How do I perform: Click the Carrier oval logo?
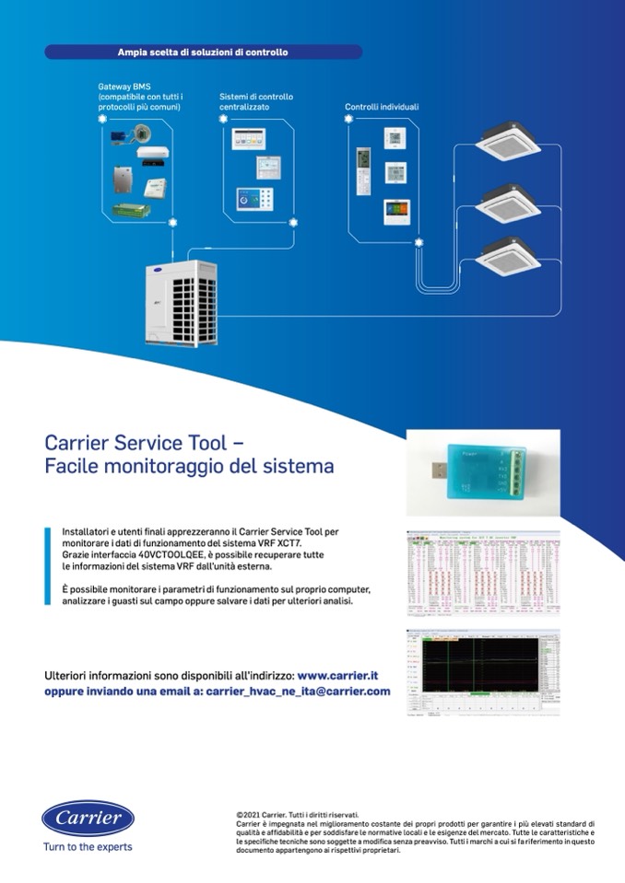[x=88, y=818]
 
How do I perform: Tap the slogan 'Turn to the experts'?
[x=88, y=847]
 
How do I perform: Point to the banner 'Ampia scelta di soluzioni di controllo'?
[x=203, y=52]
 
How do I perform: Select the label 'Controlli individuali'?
[x=382, y=107]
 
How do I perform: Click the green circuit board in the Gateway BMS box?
[x=131, y=210]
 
